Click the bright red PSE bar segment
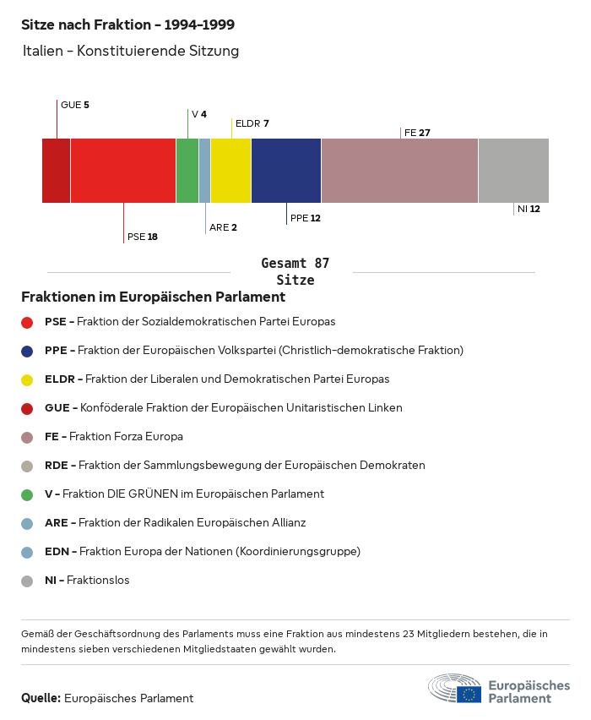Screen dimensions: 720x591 point(123,171)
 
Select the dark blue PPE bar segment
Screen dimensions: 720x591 point(286,171)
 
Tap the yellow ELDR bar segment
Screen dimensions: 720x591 point(230,171)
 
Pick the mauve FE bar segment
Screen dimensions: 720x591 point(399,171)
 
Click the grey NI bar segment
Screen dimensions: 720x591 point(513,171)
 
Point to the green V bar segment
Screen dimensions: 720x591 point(187,171)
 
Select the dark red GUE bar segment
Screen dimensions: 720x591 point(57,171)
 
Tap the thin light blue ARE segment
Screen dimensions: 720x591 point(204,171)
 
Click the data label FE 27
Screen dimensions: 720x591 point(417,133)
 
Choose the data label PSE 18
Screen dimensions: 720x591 point(142,237)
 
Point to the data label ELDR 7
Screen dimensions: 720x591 point(252,123)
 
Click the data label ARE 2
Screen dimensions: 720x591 point(223,227)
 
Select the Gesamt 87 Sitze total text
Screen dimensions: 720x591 point(295,272)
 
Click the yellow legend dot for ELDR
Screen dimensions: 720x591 point(27,379)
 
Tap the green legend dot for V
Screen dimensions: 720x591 point(27,494)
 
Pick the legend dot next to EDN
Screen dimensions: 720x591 point(27,552)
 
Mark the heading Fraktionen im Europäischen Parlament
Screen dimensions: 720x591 point(153,297)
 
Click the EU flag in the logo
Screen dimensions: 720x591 point(469,694)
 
